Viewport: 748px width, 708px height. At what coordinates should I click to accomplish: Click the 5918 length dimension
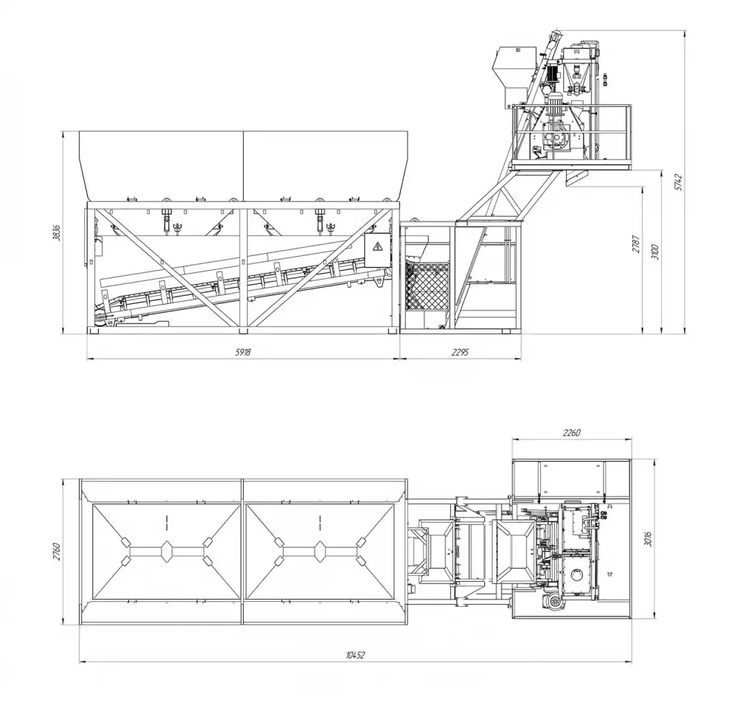click(x=242, y=353)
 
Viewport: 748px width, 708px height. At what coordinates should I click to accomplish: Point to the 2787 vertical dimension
click(x=635, y=244)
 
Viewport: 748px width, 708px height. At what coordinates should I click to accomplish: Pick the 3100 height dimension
click(x=655, y=251)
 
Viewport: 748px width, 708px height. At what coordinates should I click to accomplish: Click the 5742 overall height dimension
click(x=679, y=181)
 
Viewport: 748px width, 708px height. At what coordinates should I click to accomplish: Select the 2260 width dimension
click(x=571, y=433)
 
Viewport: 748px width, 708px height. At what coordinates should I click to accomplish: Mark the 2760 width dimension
click(x=67, y=550)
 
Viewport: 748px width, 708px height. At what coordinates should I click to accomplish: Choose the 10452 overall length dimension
click(x=355, y=656)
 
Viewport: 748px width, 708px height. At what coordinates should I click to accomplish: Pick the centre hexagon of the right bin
click(x=320, y=550)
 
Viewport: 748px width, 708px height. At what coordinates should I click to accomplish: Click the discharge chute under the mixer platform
click(x=576, y=176)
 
